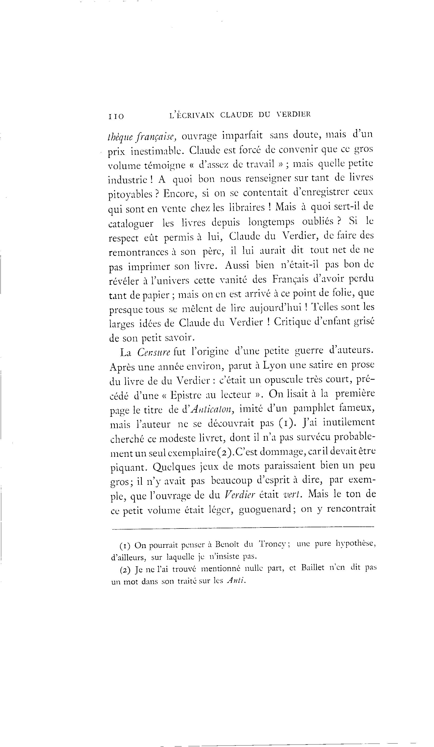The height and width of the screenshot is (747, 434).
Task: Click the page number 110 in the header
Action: [116, 116]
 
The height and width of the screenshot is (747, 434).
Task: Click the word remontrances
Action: [139, 252]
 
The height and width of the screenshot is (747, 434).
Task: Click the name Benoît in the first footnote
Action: [227, 545]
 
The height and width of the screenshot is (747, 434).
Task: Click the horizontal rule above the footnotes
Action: [243, 527]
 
